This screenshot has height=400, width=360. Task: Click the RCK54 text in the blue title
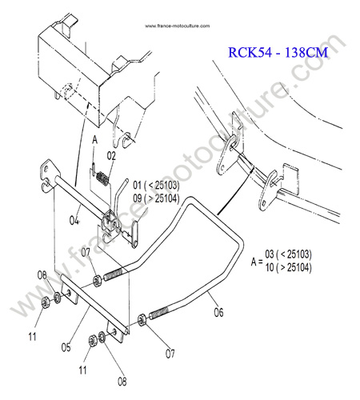(x=250, y=52)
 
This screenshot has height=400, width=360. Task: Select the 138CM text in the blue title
(x=306, y=52)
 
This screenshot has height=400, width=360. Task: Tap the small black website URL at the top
(x=178, y=26)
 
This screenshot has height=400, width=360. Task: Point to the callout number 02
(x=111, y=156)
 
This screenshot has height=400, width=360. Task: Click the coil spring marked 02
(x=102, y=178)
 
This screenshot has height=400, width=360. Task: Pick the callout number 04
(x=74, y=220)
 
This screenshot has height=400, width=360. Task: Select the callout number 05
(x=66, y=347)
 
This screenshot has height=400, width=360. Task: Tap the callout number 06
(x=218, y=312)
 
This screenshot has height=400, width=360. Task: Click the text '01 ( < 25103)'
(x=156, y=185)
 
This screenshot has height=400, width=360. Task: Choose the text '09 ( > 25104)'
(x=156, y=198)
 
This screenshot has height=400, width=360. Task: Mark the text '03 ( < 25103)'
(x=288, y=254)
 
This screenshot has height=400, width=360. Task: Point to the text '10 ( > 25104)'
(x=288, y=267)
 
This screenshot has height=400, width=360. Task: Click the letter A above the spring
(x=95, y=140)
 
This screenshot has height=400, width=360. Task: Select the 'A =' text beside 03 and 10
(x=257, y=262)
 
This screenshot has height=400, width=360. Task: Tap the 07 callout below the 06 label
(x=170, y=354)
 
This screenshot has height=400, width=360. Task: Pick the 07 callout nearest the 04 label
(x=86, y=252)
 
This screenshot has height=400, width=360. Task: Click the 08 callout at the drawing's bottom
(x=122, y=382)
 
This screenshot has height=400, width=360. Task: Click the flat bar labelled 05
(x=94, y=305)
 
